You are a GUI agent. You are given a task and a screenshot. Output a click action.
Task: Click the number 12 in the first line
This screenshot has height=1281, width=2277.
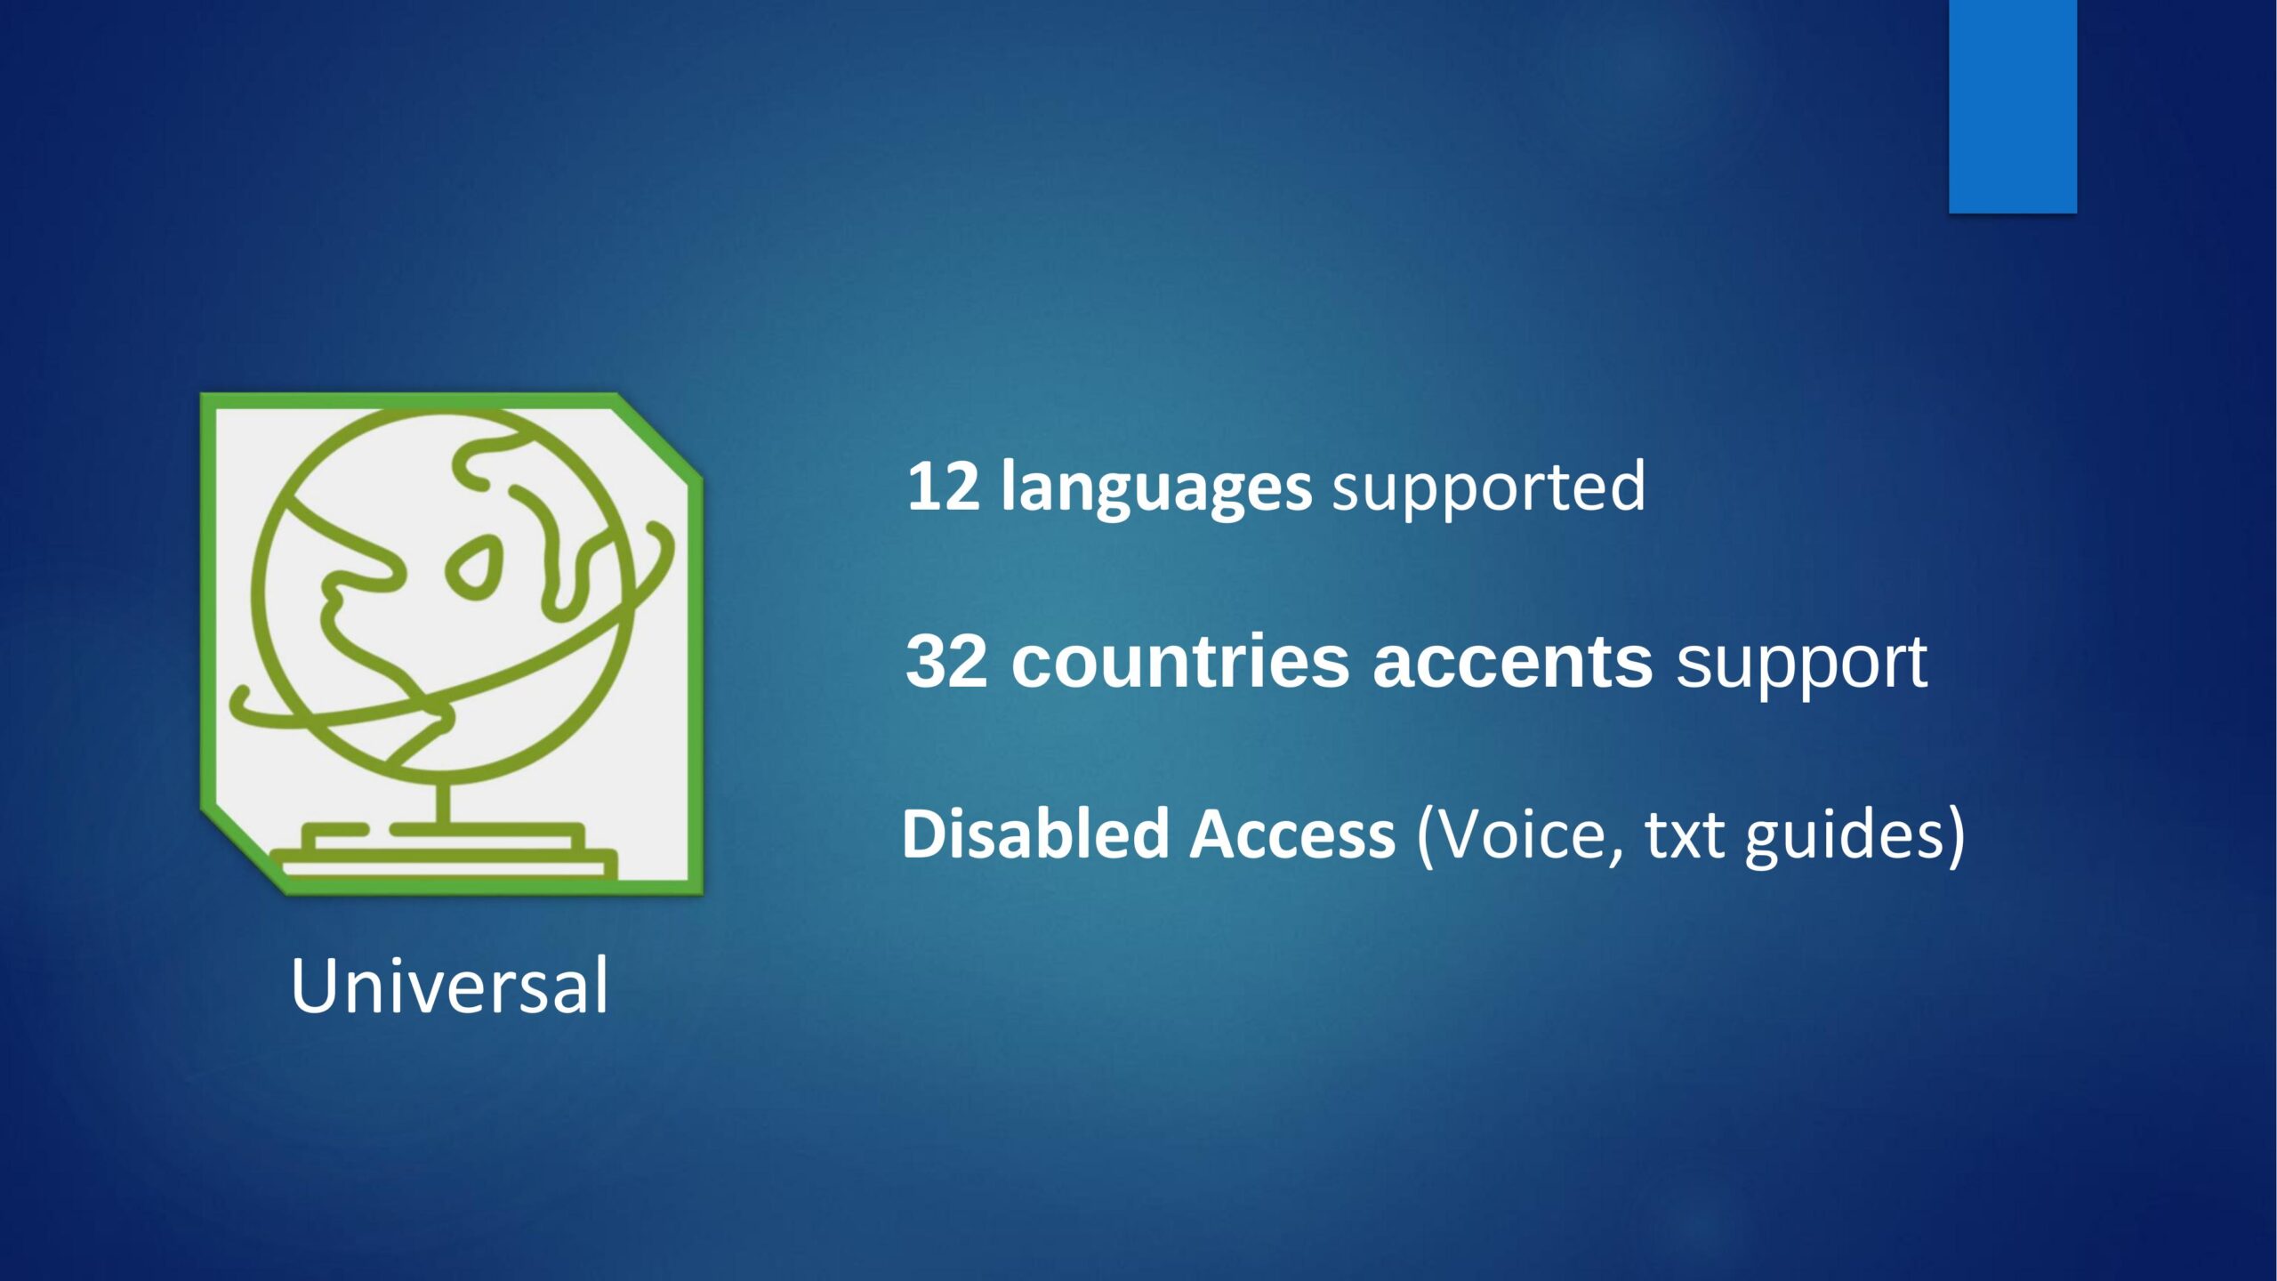943,486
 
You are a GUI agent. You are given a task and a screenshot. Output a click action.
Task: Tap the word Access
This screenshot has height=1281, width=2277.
1292,834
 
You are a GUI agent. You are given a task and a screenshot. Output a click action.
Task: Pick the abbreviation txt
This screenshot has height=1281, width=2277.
1684,836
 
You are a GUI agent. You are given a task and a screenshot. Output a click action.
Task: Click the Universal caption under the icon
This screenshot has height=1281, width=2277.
449,985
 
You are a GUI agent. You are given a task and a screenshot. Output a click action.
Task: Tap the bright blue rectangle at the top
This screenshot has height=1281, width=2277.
2013,107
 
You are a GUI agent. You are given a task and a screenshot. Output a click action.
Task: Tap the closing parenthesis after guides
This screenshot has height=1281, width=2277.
1955,836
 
